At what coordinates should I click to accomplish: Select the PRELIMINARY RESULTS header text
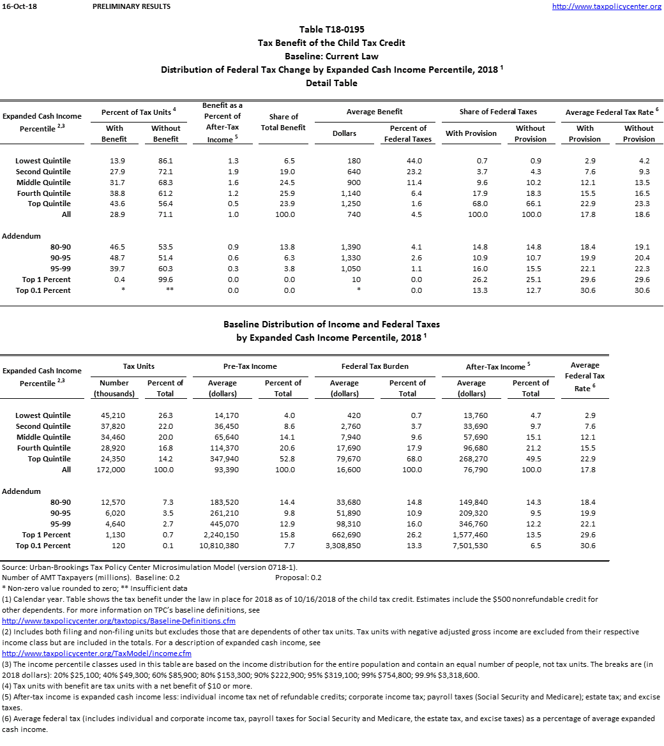point(132,6)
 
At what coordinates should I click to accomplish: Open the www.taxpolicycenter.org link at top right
point(607,6)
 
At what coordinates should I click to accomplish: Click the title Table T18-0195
point(332,29)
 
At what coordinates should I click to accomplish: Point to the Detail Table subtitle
point(331,83)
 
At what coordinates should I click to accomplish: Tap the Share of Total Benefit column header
point(283,122)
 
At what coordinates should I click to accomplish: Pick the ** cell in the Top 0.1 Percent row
point(166,291)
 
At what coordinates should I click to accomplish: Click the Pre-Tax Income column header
point(251,366)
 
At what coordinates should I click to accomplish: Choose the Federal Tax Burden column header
point(375,366)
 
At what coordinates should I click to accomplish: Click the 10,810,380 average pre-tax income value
point(222,546)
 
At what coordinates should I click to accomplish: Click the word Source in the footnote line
point(14,567)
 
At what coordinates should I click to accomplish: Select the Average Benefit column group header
point(375,112)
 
